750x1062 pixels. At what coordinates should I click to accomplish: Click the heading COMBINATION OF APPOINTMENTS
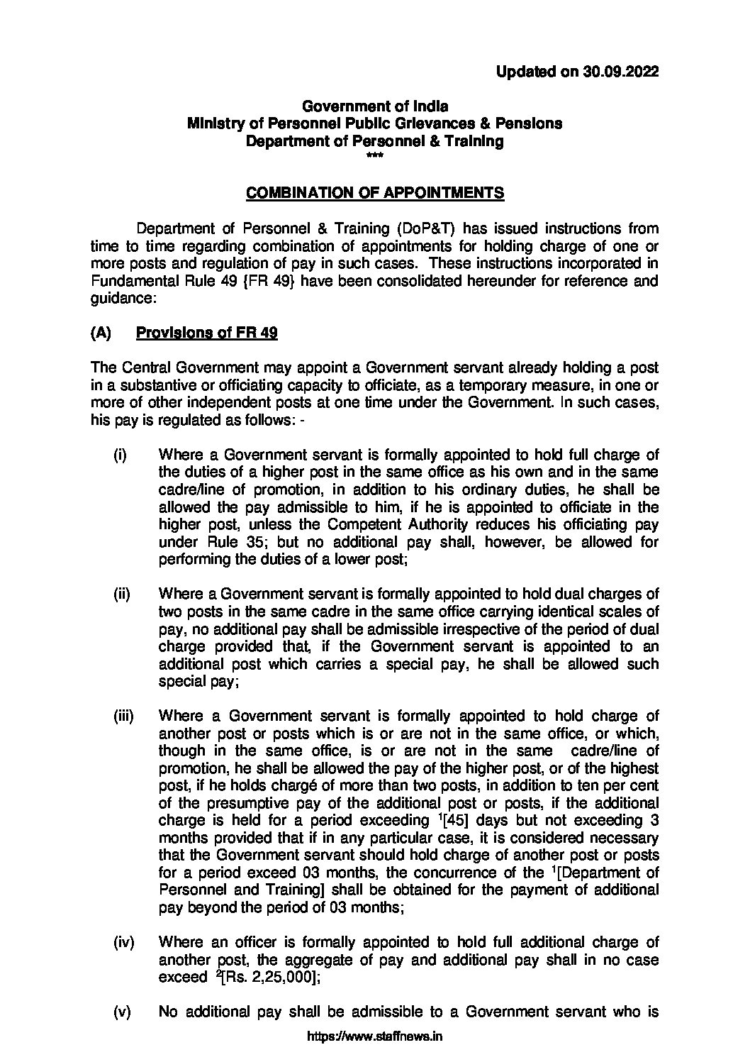375,193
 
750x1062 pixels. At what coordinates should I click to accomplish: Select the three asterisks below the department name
375,155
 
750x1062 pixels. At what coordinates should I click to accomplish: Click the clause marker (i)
120,455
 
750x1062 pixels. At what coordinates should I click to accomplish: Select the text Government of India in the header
375,106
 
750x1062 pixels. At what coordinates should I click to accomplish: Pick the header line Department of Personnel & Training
375,141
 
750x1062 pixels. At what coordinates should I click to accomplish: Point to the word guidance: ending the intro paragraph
117,299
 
